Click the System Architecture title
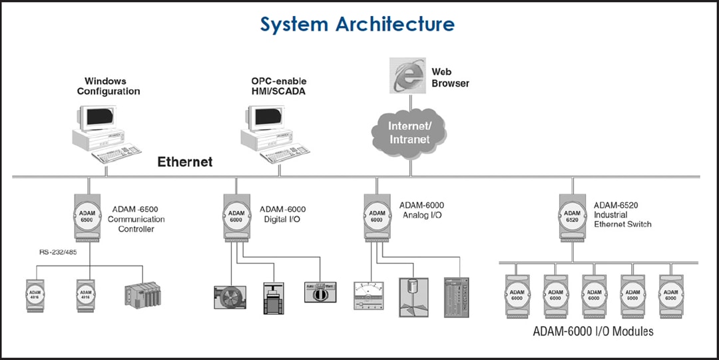[x=358, y=24]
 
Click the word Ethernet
[x=184, y=162]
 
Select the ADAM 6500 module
[x=87, y=217]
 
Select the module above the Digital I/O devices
[x=236, y=217]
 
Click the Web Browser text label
[x=450, y=77]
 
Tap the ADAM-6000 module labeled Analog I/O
[x=377, y=217]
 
